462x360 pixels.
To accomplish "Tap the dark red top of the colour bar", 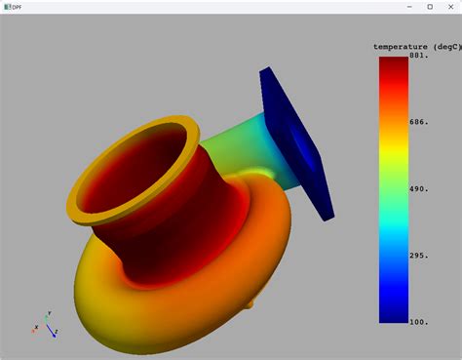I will coord(393,64).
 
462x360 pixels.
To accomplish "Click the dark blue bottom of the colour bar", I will coord(393,314).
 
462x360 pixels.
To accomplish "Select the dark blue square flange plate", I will coord(297,137).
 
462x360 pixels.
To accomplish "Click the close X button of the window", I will coord(450,7).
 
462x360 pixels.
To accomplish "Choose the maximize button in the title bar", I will coord(430,7).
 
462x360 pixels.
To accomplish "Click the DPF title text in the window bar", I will coord(16,7).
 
